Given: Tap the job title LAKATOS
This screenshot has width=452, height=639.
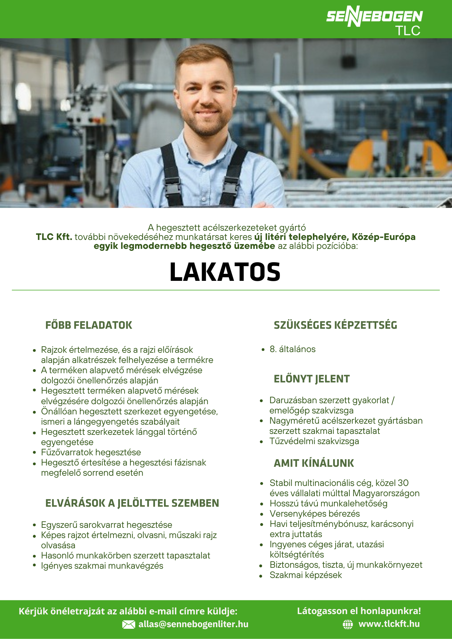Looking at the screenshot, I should tap(225, 272).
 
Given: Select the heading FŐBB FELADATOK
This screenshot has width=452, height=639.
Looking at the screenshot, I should tap(89, 325).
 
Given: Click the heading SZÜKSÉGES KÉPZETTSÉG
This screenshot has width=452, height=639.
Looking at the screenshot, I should tap(335, 325).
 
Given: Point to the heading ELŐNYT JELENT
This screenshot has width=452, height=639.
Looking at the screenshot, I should tap(312, 379).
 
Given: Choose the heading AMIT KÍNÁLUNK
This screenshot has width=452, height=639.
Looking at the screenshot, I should tap(314, 463).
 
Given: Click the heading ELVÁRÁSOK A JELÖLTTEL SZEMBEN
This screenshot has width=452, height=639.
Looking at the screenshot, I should tap(132, 503).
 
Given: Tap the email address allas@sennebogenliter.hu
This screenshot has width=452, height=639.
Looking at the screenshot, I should tap(193, 624).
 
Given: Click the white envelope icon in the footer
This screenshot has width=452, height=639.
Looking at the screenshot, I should tap(129, 625).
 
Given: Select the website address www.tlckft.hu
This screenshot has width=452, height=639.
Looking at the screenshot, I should tap(389, 624).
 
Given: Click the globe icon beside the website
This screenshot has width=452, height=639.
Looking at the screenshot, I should tap(348, 624).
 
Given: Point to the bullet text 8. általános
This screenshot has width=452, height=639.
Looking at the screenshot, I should tap(292, 349).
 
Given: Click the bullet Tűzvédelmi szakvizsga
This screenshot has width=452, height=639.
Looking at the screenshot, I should tap(314, 441).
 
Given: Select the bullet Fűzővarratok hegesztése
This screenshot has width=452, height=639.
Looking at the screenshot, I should tap(91, 452).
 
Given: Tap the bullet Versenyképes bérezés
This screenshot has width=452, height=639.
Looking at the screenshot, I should tap(315, 514).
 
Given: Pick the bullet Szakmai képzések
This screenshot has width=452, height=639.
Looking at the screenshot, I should tap(306, 575).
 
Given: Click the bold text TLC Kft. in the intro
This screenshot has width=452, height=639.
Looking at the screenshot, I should tap(54, 237).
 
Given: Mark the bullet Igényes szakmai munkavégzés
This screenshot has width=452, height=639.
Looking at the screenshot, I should tap(102, 566).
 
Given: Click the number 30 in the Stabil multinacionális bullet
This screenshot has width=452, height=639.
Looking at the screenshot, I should tap(403, 483).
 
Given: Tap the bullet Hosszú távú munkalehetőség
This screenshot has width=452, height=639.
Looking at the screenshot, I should tap(329, 504).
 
